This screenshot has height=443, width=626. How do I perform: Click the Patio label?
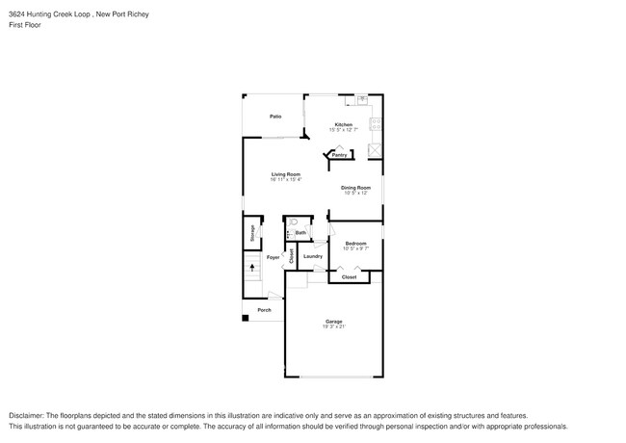click(x=275, y=116)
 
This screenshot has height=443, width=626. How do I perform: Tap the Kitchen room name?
click(x=343, y=124)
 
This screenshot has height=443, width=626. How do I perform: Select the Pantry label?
click(x=340, y=154)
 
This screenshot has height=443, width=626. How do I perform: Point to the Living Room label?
click(x=286, y=174)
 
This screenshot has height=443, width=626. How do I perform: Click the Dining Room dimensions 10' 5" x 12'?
click(x=356, y=193)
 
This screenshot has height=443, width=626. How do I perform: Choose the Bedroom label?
click(x=356, y=244)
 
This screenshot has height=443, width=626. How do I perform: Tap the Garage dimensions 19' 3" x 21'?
click(x=333, y=326)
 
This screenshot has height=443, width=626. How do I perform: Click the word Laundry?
click(x=312, y=256)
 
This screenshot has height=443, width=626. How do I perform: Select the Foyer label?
click(x=273, y=257)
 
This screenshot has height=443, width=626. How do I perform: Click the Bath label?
click(x=300, y=232)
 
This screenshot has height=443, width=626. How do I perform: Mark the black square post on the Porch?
click(x=245, y=319)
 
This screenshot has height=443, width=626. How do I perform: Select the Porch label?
click(x=264, y=309)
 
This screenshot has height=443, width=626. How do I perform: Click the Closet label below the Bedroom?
click(x=349, y=276)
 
